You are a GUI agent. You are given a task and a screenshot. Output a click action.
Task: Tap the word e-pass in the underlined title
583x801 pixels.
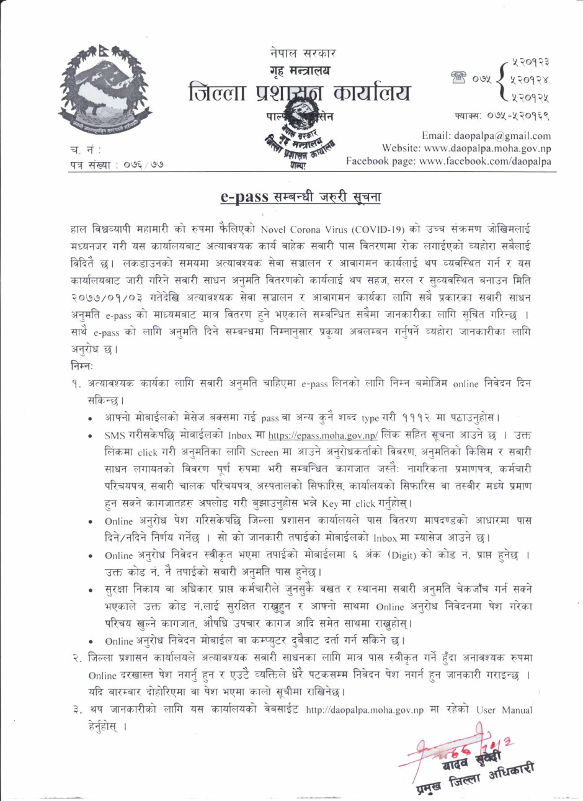pyautogui.click(x=244, y=197)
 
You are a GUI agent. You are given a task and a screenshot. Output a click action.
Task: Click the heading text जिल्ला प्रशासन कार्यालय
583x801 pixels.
pyautogui.click(x=300, y=94)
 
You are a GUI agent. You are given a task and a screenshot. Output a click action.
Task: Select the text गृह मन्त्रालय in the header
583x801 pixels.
pyautogui.click(x=300, y=70)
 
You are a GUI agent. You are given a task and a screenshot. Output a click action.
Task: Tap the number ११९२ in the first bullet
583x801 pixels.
pyautogui.click(x=409, y=418)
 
